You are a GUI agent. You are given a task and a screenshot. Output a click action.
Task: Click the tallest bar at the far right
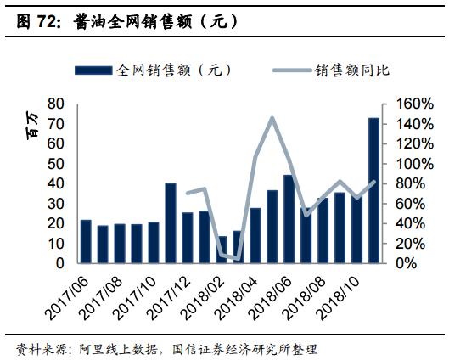[x=373, y=190]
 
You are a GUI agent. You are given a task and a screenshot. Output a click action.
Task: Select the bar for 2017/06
[x=85, y=241]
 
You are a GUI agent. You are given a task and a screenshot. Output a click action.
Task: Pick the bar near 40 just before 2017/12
[x=171, y=223]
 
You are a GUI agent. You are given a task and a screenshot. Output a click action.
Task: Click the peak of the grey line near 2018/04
[x=272, y=118]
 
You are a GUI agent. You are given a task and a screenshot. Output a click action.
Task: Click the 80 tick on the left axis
[x=57, y=104]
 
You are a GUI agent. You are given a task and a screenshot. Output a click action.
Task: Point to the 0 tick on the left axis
[x=61, y=263]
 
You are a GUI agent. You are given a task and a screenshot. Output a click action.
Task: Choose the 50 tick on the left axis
[x=57, y=163]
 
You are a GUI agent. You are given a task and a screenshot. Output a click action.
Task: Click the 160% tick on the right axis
[x=404, y=104]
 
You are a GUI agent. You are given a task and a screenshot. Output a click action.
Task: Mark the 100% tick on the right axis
[x=404, y=163]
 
